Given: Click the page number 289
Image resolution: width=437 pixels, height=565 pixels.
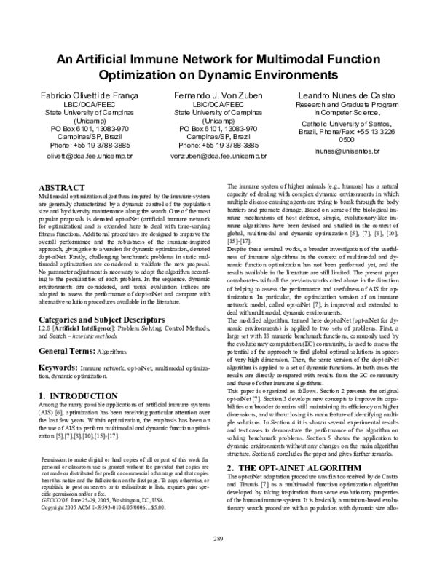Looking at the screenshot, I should [218, 538].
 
